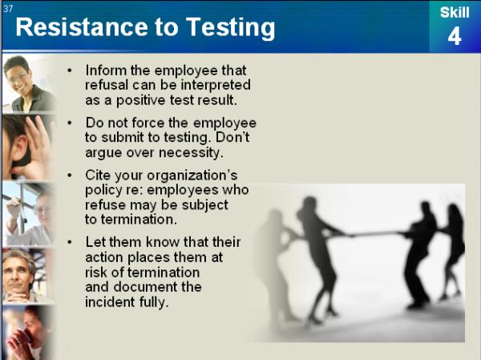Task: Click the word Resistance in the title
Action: click(82, 27)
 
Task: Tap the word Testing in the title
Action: click(230, 28)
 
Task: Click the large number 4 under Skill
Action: click(455, 37)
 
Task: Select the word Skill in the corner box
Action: click(455, 13)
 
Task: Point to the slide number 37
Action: click(8, 9)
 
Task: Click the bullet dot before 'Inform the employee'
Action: click(70, 71)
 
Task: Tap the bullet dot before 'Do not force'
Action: click(70, 123)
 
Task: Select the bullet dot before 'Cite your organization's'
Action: click(70, 176)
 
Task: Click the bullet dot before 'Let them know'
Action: click(70, 242)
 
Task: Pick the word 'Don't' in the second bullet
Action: click(232, 137)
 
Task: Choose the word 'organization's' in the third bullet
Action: click(192, 176)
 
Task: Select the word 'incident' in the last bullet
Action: click(110, 302)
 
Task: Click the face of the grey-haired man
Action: click(18, 274)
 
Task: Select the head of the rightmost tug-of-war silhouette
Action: click(454, 211)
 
